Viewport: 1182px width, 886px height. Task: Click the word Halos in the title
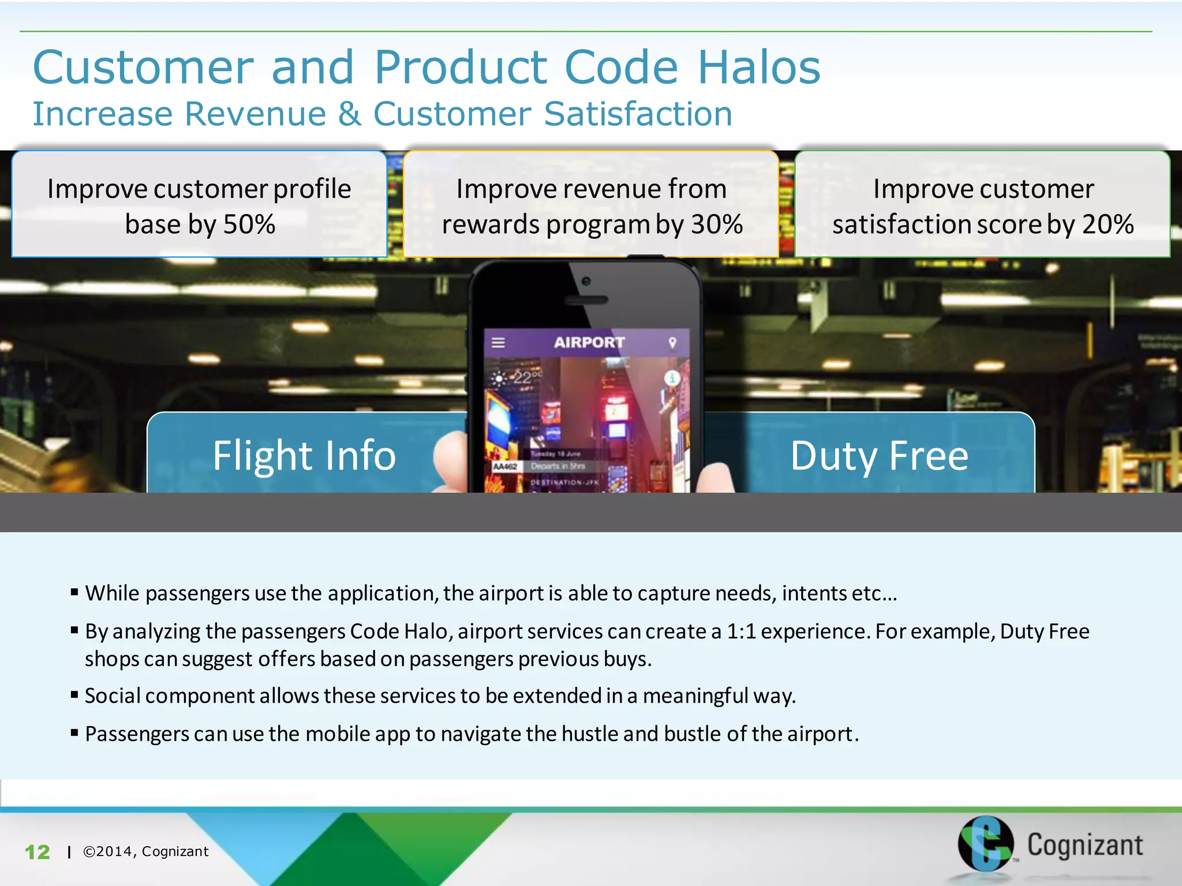tap(758, 67)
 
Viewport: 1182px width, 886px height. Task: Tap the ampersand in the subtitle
tap(350, 114)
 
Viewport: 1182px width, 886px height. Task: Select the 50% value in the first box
tap(249, 224)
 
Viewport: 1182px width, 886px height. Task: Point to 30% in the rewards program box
tap(717, 224)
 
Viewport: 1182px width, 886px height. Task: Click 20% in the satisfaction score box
tap(1108, 224)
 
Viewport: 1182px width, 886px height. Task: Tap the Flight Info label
tap(304, 456)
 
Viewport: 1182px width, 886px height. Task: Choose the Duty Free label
tap(879, 456)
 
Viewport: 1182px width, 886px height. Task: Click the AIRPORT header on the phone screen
tap(589, 343)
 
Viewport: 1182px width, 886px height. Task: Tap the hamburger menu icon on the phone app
tap(498, 343)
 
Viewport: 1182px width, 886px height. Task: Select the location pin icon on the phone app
tap(672, 343)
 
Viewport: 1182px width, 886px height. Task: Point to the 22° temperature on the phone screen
tap(525, 378)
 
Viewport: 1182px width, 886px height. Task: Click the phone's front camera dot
tap(586, 281)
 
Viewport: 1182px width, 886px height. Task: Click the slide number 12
tap(38, 852)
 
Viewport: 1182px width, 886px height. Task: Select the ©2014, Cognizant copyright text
tap(145, 851)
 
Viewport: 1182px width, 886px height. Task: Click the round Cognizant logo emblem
tap(985, 843)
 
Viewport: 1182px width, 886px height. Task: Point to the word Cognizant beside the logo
tap(1084, 845)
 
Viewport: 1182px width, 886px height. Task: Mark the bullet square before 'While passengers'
tap(74, 592)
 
